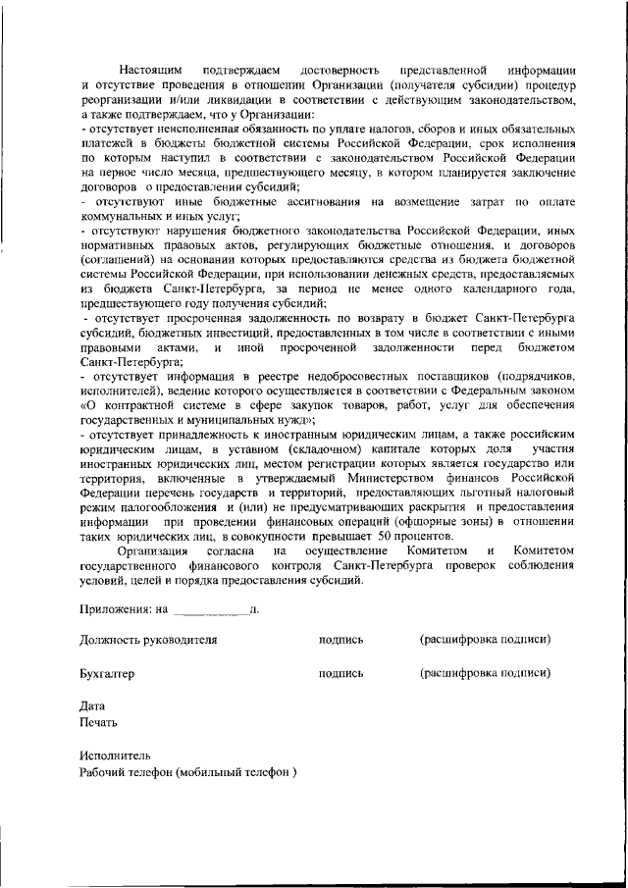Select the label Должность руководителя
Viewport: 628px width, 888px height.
coord(148,639)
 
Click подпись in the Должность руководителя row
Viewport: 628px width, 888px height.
coord(340,639)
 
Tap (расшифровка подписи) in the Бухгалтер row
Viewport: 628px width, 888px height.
coord(485,674)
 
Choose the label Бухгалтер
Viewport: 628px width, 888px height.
coord(106,674)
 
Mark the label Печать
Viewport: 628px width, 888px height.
coord(98,722)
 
